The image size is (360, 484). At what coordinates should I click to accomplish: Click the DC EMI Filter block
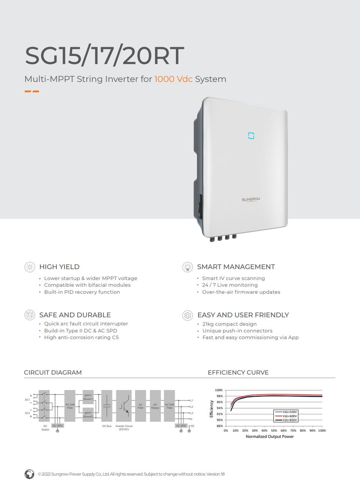click(70, 406)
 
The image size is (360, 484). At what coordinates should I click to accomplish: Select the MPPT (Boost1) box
click(88, 397)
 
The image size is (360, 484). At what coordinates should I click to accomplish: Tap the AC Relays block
click(155, 406)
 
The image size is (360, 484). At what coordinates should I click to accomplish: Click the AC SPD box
click(181, 426)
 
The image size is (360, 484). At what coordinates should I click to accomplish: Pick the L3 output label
click(191, 413)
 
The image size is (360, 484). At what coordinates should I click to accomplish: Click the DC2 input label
click(27, 413)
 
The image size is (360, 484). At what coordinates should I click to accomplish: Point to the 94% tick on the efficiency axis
click(219, 408)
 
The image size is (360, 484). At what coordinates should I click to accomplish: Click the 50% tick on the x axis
click(274, 430)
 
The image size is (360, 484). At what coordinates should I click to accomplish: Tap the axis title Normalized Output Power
click(270, 436)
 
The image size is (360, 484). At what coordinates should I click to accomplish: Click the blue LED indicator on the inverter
click(251, 135)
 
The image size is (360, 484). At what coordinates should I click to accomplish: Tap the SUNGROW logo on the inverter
click(251, 199)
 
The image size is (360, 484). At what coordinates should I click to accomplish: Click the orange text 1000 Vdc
click(173, 79)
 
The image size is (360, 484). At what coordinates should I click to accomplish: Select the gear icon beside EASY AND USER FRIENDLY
click(187, 315)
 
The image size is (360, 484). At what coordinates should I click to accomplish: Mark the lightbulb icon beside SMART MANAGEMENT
click(187, 267)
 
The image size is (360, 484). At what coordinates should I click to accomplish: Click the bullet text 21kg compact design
click(229, 324)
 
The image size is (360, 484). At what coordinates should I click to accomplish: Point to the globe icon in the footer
click(29, 474)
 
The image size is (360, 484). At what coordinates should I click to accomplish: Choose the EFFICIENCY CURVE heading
click(238, 372)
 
